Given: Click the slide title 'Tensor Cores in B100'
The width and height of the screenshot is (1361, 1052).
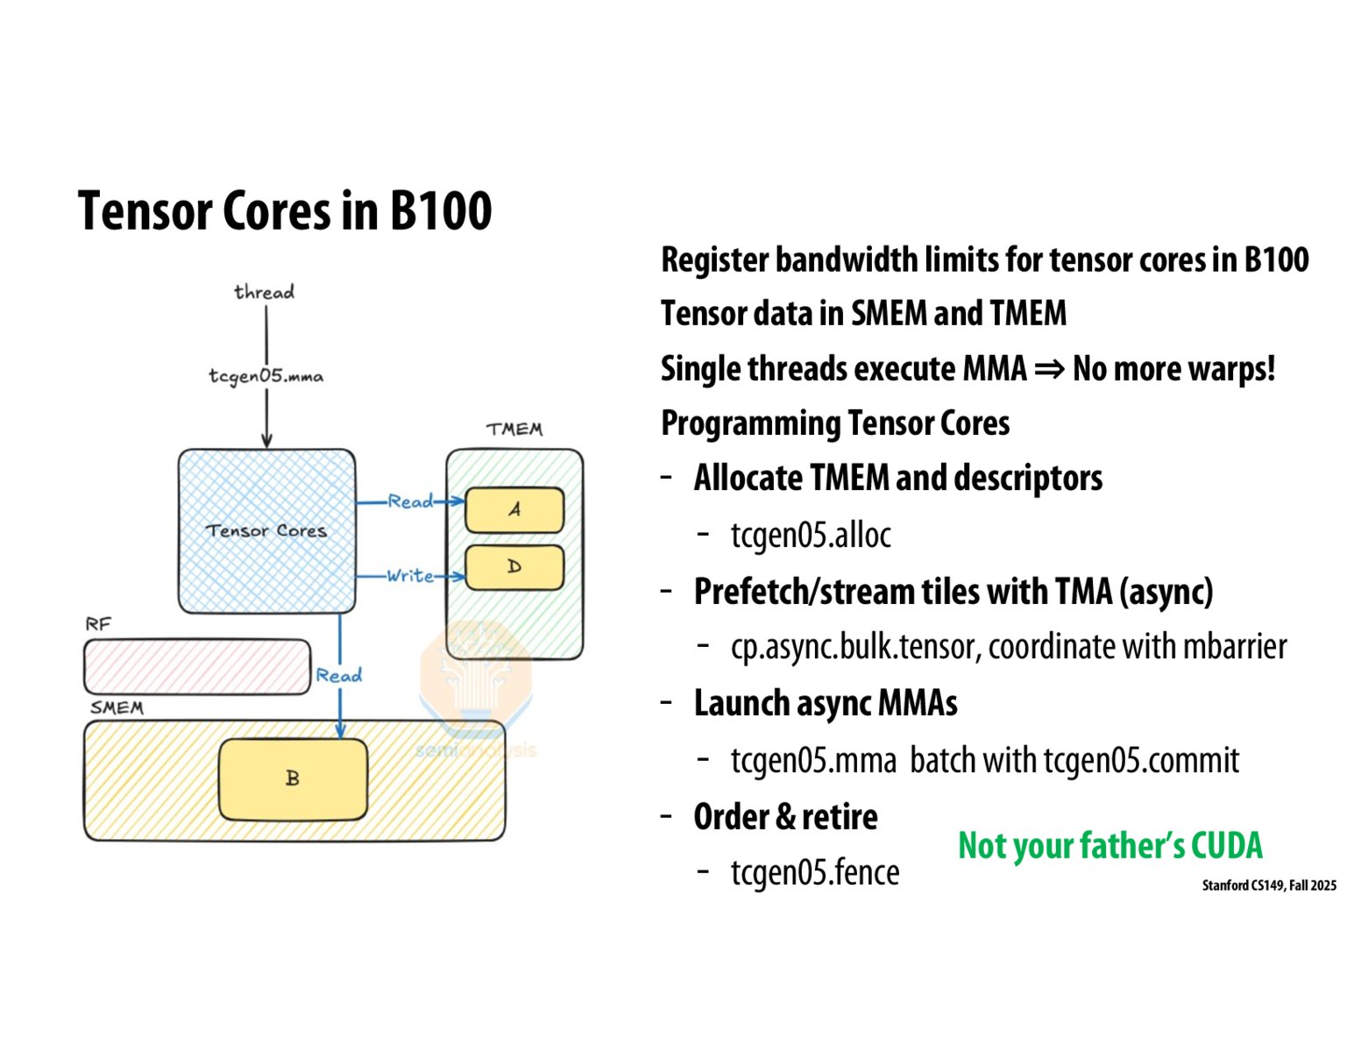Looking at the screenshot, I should tap(284, 211).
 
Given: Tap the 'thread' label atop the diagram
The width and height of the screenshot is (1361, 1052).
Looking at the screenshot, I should tap(264, 292).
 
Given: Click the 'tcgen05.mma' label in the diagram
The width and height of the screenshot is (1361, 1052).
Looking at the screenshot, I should tap(266, 376).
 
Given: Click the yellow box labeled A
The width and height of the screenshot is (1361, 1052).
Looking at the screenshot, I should tap(514, 509).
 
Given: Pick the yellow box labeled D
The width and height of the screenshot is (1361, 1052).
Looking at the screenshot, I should tap(514, 567).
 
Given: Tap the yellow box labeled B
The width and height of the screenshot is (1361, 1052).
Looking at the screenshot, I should tap(293, 778).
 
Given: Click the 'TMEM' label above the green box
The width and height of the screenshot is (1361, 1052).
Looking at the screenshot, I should tap(514, 429).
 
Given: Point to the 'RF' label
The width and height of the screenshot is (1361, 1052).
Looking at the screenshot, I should tap(98, 624).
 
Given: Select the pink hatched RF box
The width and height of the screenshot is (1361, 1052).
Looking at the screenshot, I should tap(196, 667).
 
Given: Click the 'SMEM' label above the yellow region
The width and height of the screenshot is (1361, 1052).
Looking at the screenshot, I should tap(117, 707).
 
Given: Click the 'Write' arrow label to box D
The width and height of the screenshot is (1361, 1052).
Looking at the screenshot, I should tap(410, 576).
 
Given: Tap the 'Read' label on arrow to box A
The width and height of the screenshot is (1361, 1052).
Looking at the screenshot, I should tap(410, 501).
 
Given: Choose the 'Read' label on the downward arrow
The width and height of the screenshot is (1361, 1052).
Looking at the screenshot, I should tap(339, 675).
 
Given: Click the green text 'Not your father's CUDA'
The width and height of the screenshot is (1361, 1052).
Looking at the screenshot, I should tap(1109, 846).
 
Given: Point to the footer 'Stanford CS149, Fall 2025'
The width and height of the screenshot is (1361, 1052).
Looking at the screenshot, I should tap(1268, 885).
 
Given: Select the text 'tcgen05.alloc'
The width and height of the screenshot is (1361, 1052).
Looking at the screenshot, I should tap(811, 535).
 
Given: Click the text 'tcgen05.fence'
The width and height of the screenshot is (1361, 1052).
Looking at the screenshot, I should tap(815, 872).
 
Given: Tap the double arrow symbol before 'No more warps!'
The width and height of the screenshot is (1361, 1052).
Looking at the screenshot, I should tap(1049, 369).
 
